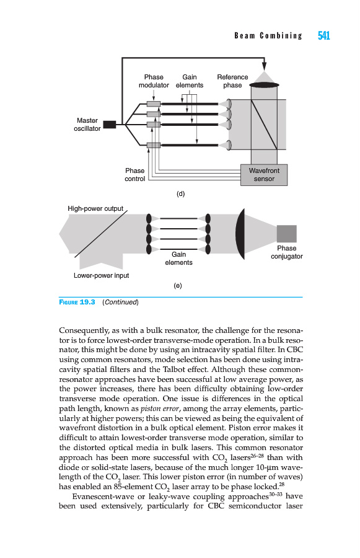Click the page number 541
323,35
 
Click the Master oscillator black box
109,125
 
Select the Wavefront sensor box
263,175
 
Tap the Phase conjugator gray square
286,234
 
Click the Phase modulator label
154,81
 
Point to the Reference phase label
232,81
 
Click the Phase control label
135,175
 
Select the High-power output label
95,208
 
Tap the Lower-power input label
101,275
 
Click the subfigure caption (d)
181,193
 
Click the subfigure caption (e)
177,285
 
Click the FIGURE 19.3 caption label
77,302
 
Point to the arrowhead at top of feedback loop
264,66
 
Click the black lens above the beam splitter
264,85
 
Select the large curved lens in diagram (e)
240,234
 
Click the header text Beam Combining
268,35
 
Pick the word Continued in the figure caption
121,302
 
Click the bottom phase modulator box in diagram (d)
153,145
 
